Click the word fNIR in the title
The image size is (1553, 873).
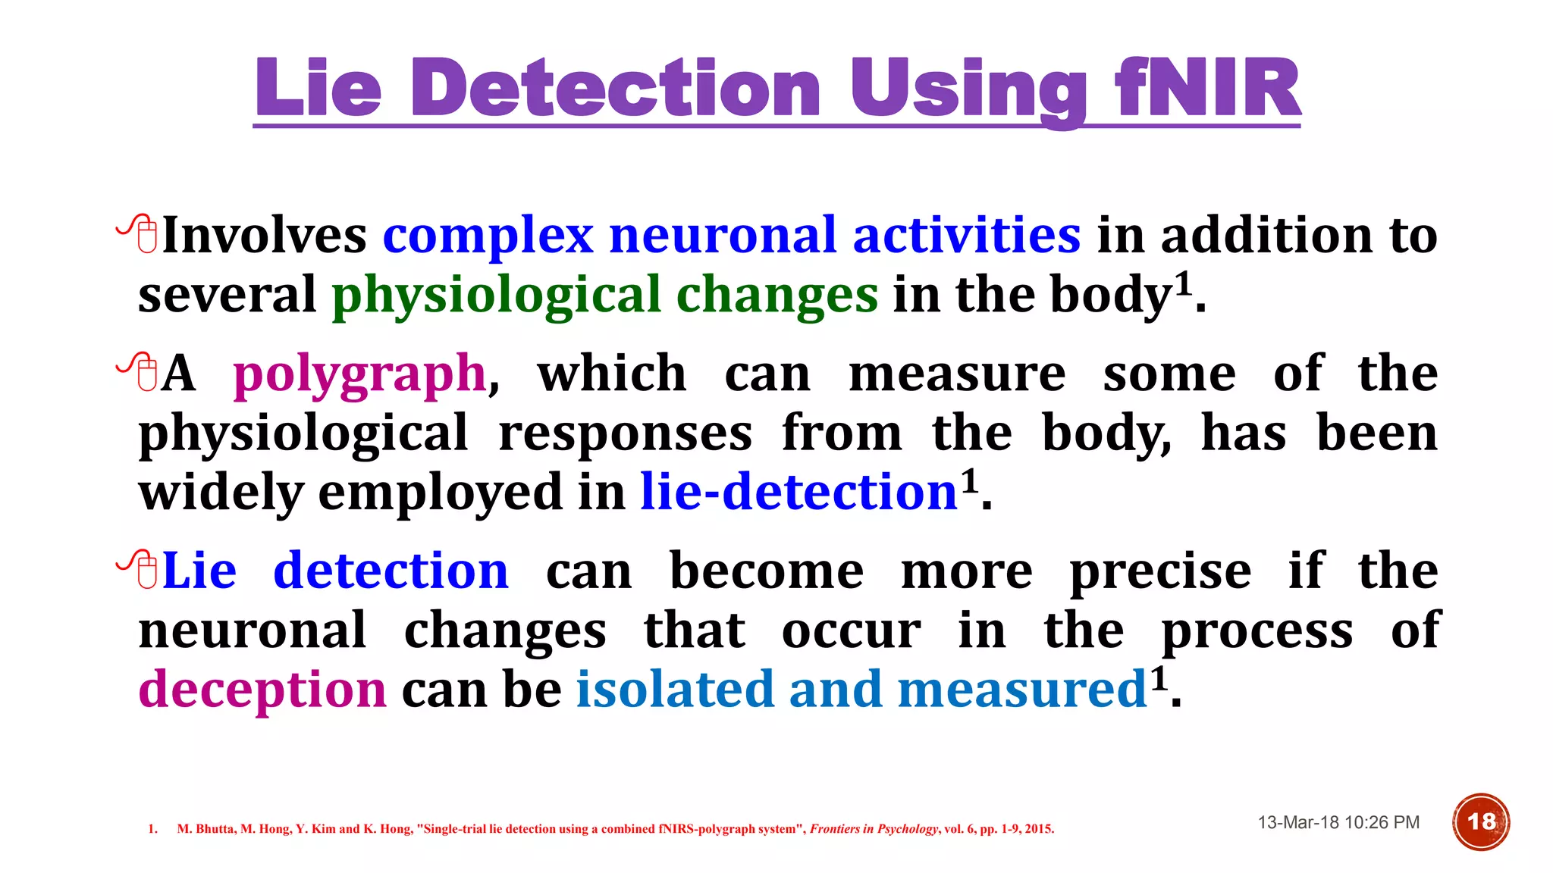point(1208,89)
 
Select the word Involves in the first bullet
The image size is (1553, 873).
point(264,235)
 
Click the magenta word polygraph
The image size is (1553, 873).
point(359,374)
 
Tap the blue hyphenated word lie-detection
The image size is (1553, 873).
point(798,493)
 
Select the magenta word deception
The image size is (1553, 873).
point(262,690)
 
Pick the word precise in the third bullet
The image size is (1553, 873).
point(1160,571)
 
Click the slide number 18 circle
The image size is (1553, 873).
point(1481,822)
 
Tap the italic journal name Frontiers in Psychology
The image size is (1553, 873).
point(874,829)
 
